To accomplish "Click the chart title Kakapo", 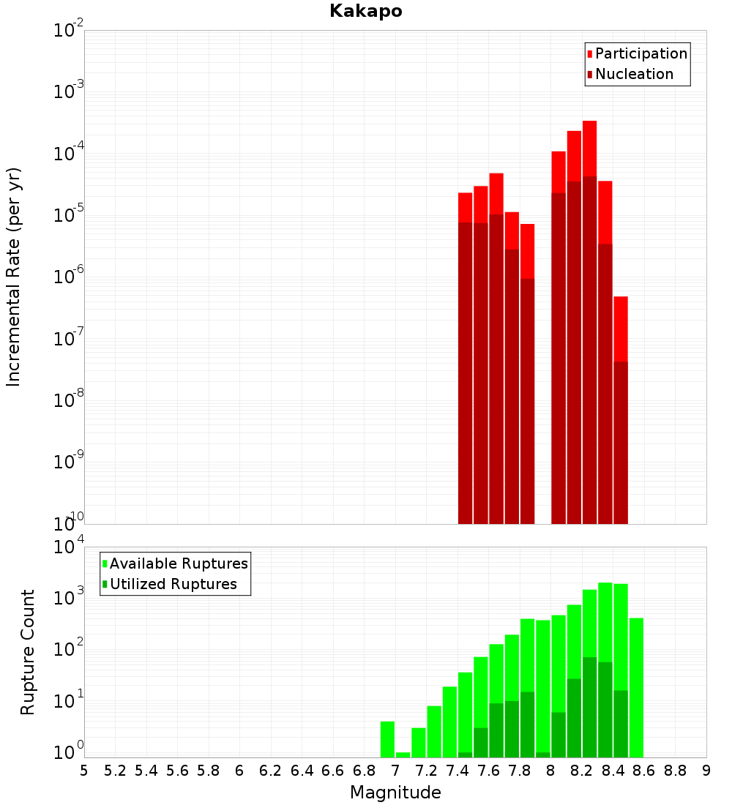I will click(x=365, y=11).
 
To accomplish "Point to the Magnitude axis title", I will click(x=395, y=793).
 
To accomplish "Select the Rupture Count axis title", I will click(x=28, y=652).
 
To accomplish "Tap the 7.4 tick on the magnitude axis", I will click(x=457, y=771).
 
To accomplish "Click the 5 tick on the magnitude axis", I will click(x=84, y=771).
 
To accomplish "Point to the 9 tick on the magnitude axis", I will click(x=706, y=771).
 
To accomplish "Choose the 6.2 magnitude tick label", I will click(x=271, y=771).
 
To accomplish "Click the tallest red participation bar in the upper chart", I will click(x=589, y=146).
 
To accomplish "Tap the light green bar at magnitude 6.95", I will click(x=387, y=739).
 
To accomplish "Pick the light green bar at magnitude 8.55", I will click(x=636, y=688).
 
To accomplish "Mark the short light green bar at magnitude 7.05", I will click(x=403, y=755).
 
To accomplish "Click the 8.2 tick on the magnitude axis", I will click(x=582, y=771).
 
